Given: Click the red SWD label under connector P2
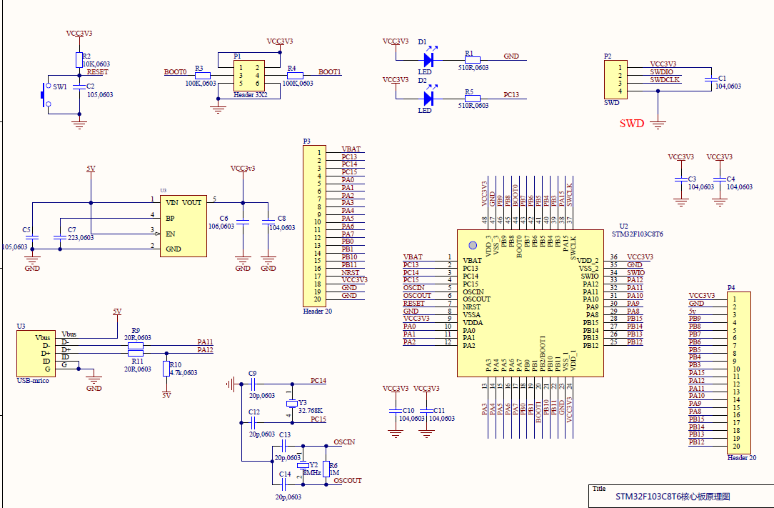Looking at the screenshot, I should click(x=631, y=124).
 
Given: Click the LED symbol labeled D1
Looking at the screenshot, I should click(x=428, y=60).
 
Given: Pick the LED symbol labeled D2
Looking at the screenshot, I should click(x=428, y=98).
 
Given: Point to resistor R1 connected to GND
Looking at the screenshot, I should click(x=472, y=60).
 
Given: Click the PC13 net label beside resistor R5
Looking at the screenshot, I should click(x=511, y=94).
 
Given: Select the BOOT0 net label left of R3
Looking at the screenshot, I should click(x=175, y=72).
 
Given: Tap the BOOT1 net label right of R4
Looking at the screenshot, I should click(x=330, y=72).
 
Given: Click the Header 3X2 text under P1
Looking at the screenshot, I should click(x=250, y=94).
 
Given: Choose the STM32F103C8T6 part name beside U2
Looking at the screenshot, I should click(x=638, y=234).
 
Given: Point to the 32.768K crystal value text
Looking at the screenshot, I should click(x=311, y=411).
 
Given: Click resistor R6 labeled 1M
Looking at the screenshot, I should click(x=326, y=469).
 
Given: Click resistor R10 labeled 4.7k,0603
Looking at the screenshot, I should click(x=166, y=369).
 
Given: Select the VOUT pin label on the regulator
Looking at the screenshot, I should click(x=192, y=202).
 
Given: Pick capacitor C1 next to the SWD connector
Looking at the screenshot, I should click(x=711, y=80).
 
